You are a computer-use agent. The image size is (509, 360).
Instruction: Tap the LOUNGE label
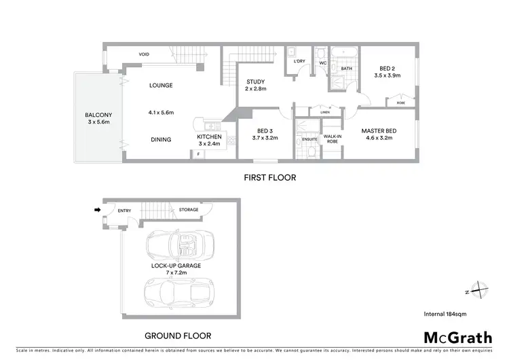161,86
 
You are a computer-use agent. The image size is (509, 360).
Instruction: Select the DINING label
161,140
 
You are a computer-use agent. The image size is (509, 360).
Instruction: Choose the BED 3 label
265,132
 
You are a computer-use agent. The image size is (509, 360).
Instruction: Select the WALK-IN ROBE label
332,139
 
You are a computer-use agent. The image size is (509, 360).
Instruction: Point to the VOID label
144,54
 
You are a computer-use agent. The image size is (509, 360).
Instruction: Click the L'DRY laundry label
299,62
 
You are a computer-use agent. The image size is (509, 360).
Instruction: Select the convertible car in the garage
180,243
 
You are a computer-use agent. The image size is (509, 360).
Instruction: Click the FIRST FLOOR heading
269,177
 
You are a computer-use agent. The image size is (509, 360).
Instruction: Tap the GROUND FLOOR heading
178,336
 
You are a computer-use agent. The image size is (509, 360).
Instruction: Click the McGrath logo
458,337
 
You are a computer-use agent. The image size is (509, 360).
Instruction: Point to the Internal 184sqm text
445,314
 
